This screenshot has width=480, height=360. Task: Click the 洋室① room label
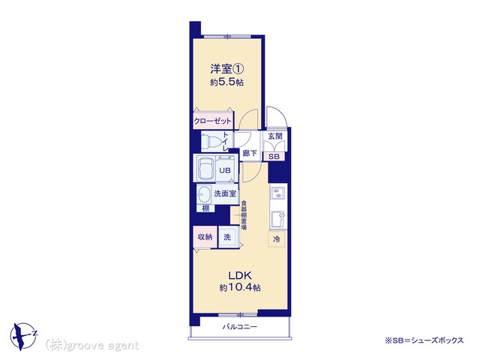tap(226, 69)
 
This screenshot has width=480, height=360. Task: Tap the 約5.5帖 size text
tap(226, 82)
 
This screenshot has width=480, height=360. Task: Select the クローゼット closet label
tap(212, 121)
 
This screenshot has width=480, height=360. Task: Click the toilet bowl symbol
tap(211, 142)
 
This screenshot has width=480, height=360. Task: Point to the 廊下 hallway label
tap(250, 153)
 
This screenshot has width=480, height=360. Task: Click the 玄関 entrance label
tap(275, 136)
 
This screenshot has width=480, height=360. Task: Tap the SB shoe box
tap(274, 157)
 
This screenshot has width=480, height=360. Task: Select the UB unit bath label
tap(225, 170)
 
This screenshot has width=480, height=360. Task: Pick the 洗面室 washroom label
tap(225, 193)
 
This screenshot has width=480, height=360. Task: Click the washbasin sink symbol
tap(203, 193)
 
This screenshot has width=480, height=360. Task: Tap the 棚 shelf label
tap(205, 208)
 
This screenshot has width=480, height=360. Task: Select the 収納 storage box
tap(205, 237)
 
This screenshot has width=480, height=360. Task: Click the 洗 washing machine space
tap(228, 237)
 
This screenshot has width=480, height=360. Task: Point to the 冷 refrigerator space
tap(277, 239)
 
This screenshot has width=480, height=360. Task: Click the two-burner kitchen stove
tap(278, 193)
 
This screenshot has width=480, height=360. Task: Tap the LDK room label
tap(240, 275)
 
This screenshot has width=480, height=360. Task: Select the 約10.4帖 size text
tap(240, 288)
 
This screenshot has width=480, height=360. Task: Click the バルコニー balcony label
tap(240, 327)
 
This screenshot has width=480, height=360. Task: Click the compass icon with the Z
tap(23, 336)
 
